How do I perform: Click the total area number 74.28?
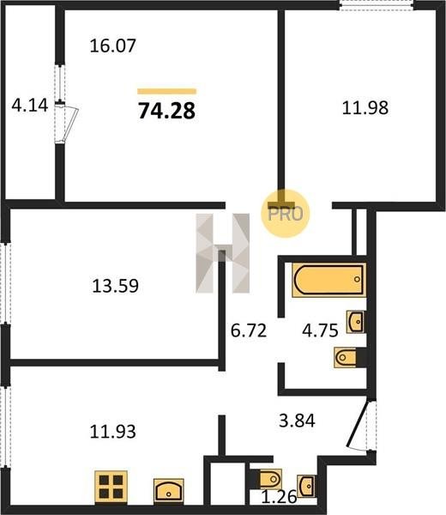tap(166, 111)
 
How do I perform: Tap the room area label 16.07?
tap(112, 45)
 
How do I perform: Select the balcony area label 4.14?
tap(30, 106)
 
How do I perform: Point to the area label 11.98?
tap(365, 108)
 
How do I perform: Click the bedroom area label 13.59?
tap(115, 286)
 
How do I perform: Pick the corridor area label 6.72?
tap(249, 330)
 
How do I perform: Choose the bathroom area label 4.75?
tap(320, 330)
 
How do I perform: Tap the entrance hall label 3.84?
tap(297, 421)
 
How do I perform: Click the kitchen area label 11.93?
tap(112, 432)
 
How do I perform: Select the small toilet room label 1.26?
tap(279, 497)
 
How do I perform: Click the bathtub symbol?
tap(328, 280)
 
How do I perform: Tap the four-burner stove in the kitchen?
tap(111, 487)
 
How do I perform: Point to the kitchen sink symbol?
tap(169, 490)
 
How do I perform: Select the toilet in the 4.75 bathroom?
tap(347, 357)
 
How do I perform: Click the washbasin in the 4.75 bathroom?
tap(356, 322)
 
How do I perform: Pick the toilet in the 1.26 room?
tap(270, 480)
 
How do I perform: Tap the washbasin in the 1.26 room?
tap(307, 486)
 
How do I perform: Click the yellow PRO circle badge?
tap(286, 214)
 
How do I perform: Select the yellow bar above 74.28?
tap(166, 91)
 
